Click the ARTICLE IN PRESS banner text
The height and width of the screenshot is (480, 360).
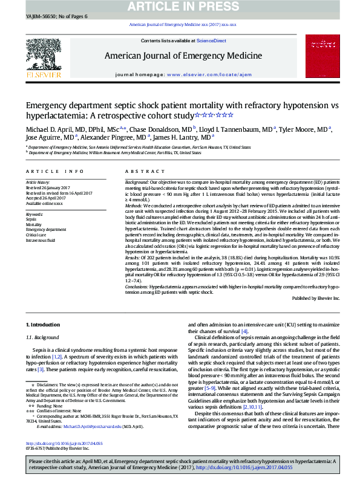click(x=180, y=7)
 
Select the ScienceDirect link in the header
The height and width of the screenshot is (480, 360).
click(x=212, y=41)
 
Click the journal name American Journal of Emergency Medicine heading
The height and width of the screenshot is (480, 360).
click(x=183, y=56)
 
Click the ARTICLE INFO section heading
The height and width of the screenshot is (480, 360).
click(x=46, y=172)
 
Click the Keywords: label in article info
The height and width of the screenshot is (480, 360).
click(x=34, y=215)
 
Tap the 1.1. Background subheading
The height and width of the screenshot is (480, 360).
click(x=42, y=337)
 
